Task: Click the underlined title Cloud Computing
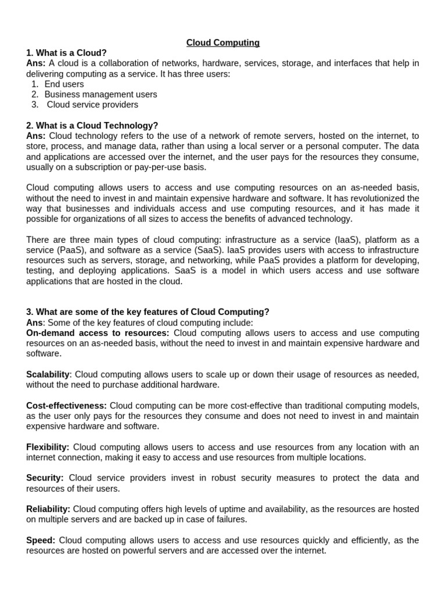[223, 42]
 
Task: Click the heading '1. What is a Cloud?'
[67, 53]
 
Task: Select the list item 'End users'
[64, 84]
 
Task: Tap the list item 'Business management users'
[100, 95]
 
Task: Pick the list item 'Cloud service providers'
[92, 105]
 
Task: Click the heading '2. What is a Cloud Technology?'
[92, 126]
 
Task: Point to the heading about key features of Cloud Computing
[148, 312]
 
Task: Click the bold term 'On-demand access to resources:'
[98, 333]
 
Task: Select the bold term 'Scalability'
[48, 374]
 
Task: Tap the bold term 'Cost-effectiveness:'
[66, 405]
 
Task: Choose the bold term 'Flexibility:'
[48, 447]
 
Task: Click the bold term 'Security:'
[45, 478]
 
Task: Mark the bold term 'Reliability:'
[48, 509]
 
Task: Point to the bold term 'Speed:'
[40, 540]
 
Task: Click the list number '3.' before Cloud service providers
[35, 105]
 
